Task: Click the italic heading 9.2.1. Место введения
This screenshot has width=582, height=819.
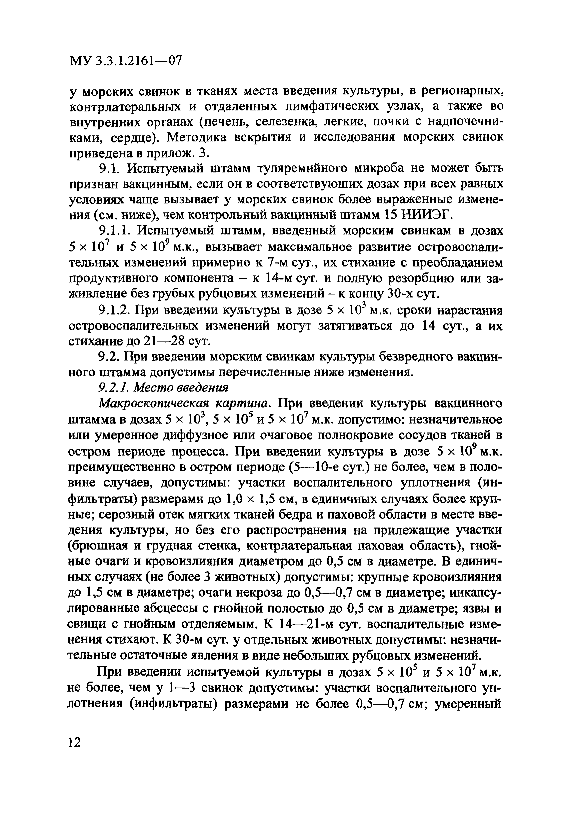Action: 163,388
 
